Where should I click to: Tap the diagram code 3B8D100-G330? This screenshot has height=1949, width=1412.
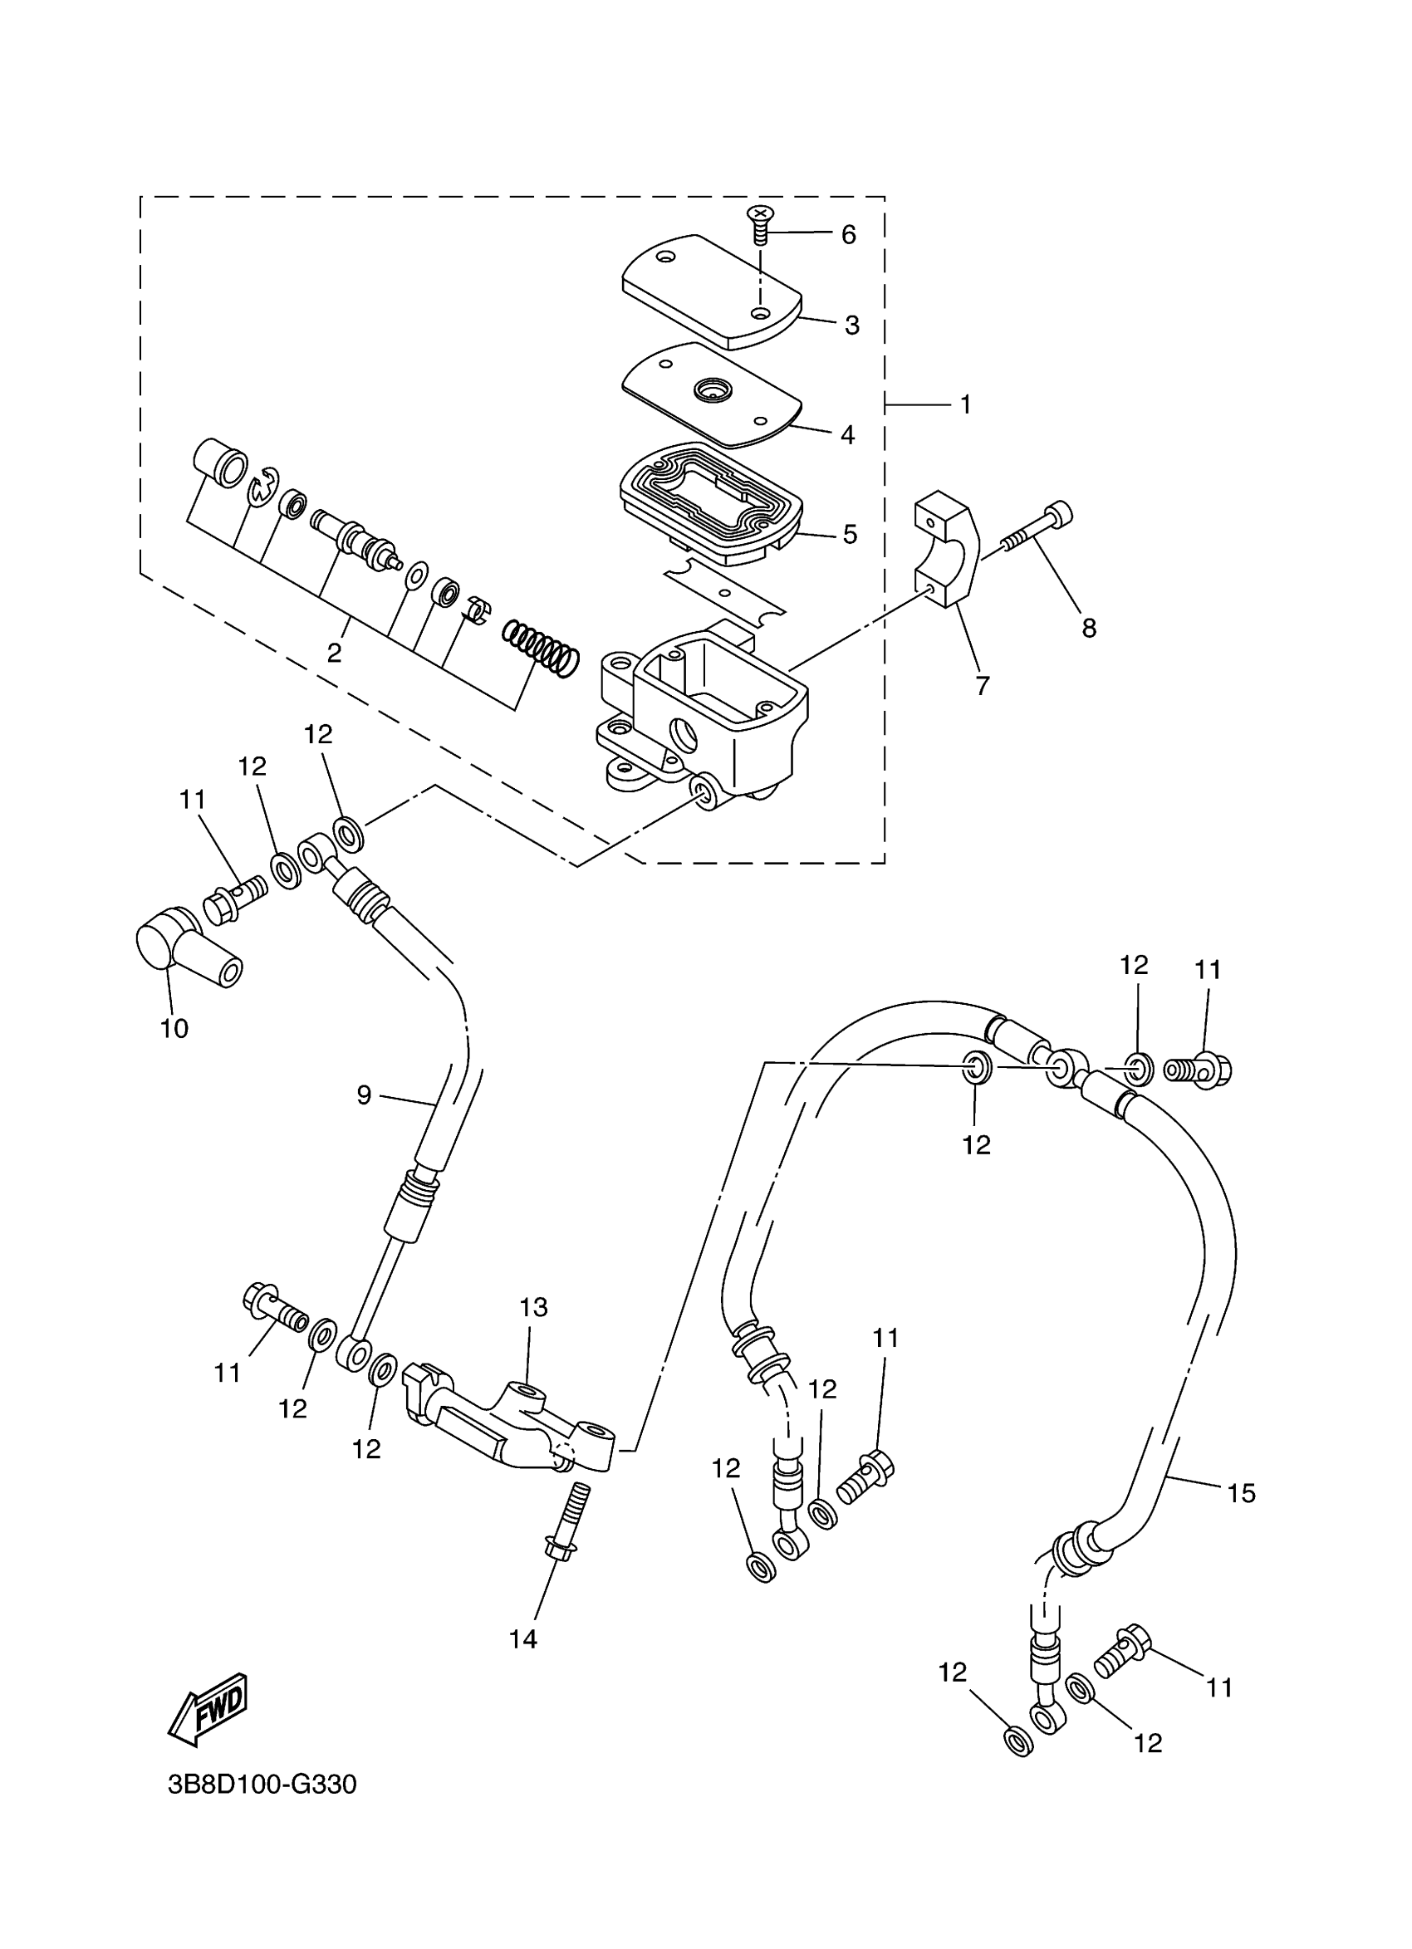[262, 1785]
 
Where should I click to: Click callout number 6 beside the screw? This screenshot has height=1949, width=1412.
[848, 235]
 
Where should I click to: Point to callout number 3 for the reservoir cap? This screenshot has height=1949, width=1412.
[851, 326]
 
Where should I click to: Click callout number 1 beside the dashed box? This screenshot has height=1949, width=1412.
[965, 404]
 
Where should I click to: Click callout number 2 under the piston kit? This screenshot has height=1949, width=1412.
[334, 653]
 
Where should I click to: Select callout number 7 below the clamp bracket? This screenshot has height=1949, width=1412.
[983, 685]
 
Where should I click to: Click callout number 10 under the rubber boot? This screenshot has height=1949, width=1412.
[174, 1029]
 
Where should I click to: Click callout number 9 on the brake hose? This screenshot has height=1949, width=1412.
[365, 1094]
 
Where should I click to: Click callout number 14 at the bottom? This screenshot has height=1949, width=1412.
[523, 1639]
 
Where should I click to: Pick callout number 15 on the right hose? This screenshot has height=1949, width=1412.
[1241, 1494]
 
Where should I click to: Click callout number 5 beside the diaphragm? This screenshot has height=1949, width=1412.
[849, 535]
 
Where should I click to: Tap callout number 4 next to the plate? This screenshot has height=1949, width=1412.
[847, 435]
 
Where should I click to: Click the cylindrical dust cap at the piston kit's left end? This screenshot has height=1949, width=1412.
[221, 463]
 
